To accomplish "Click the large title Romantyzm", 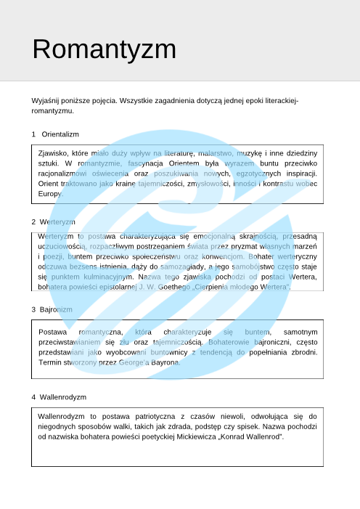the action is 104,49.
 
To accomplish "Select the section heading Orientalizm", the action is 60,134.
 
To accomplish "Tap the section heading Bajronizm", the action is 56,309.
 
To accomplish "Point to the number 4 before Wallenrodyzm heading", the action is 33,397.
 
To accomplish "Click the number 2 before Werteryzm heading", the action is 33,221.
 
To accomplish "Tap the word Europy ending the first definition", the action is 50,194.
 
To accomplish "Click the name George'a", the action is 130,362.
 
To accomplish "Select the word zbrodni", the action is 302,351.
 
